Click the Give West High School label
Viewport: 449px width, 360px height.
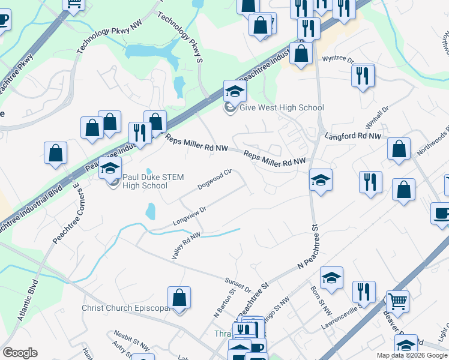pyautogui.click(x=282, y=108)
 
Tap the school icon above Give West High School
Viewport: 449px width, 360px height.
pyautogui.click(x=235, y=91)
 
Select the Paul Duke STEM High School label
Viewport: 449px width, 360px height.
pyautogui.click(x=153, y=181)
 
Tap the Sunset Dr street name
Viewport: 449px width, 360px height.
pyautogui.click(x=238, y=285)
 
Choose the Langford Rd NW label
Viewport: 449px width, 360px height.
pyautogui.click(x=353, y=137)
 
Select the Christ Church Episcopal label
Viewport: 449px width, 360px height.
pyautogui.click(x=125, y=308)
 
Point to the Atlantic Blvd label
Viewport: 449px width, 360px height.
pyautogui.click(x=28, y=301)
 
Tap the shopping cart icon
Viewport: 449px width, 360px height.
pyautogui.click(x=397, y=301)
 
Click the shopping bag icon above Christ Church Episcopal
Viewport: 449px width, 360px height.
pyautogui.click(x=179, y=297)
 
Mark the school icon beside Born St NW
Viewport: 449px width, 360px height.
pyautogui.click(x=331, y=278)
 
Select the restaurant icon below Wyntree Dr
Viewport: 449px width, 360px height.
pyautogui.click(x=363, y=76)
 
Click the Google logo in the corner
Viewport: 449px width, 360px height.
pyautogui.click(x=20, y=353)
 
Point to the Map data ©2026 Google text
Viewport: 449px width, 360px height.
pyautogui.click(x=412, y=355)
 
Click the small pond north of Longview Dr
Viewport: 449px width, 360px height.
pyautogui.click(x=150, y=211)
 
